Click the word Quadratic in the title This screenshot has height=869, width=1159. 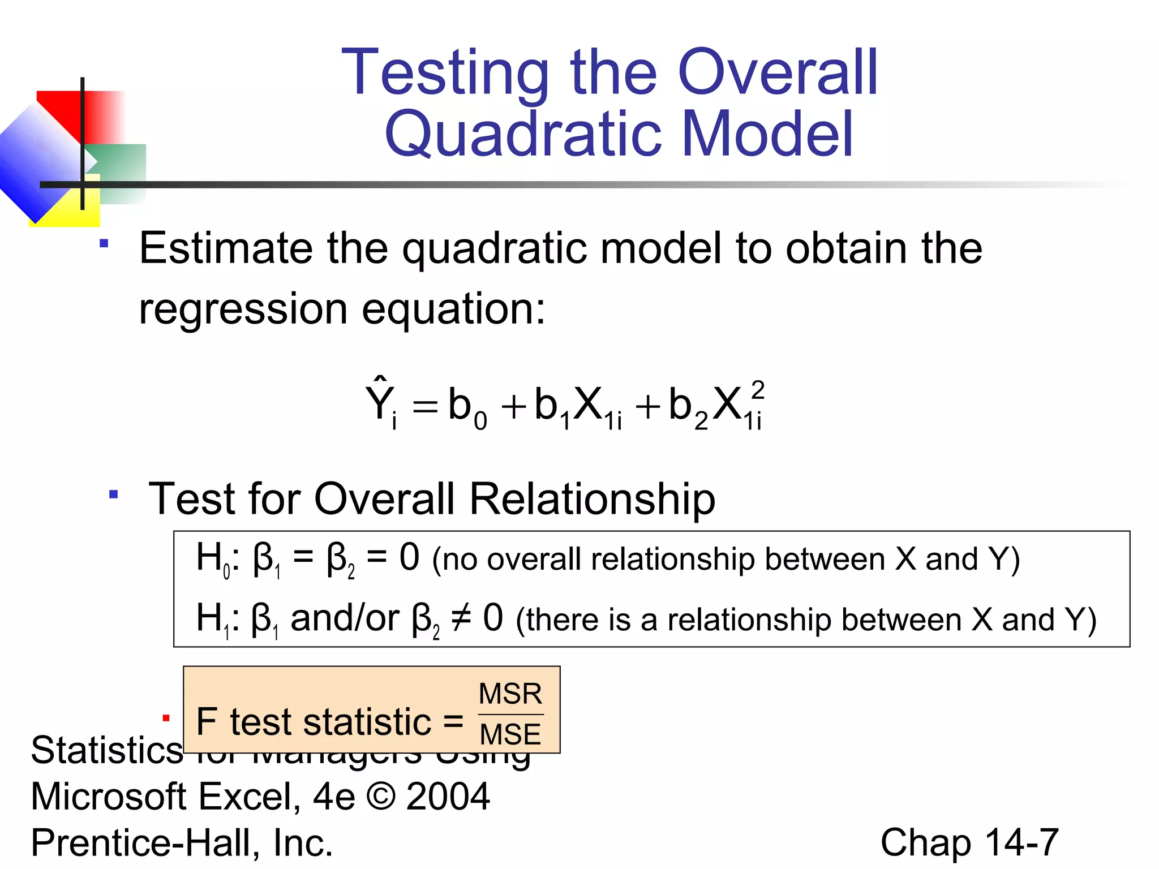(523, 135)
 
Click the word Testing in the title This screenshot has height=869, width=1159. (445, 74)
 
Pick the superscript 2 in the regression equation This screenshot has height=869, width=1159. (757, 390)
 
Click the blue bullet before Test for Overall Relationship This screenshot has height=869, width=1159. (114, 494)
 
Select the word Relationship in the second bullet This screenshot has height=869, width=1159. (592, 499)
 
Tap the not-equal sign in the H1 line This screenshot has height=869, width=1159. (461, 618)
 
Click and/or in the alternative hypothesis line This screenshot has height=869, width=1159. (345, 618)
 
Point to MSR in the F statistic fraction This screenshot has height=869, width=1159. (510, 694)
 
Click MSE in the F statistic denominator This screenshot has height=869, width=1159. (510, 734)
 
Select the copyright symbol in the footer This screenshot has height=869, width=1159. (380, 797)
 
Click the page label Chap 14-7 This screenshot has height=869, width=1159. (969, 842)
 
